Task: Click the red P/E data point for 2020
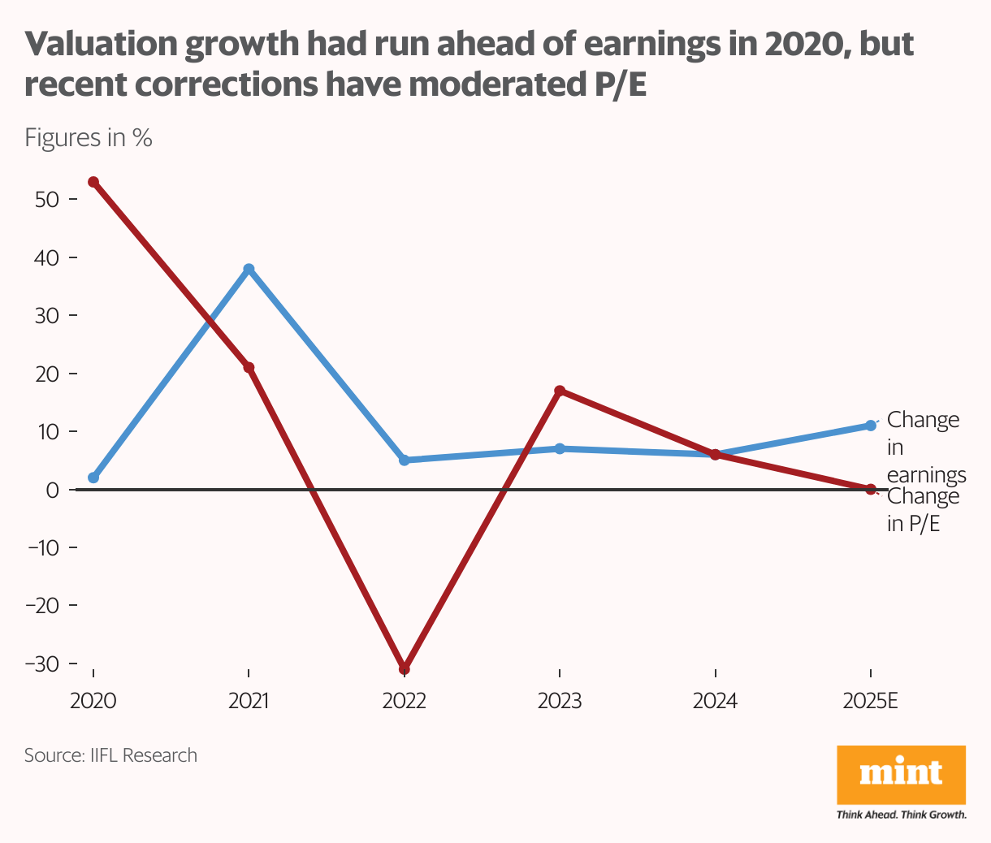[93, 182]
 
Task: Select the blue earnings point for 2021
[249, 269]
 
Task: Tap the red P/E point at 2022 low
[404, 668]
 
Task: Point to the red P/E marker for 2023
[560, 391]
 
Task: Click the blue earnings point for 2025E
[871, 426]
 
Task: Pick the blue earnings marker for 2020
[93, 478]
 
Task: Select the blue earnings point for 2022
[404, 460]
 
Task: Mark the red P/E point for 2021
[249, 368]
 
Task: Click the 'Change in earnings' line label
[925, 447]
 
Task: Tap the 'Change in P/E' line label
[923, 510]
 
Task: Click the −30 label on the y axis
[43, 664]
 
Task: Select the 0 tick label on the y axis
[53, 490]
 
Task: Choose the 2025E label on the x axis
[871, 701]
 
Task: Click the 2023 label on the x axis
[560, 701]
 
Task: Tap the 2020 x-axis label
[93, 701]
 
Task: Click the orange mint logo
[901, 774]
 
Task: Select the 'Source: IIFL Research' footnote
[110, 755]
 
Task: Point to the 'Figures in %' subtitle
[89, 137]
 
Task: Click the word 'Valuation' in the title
[100, 45]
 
